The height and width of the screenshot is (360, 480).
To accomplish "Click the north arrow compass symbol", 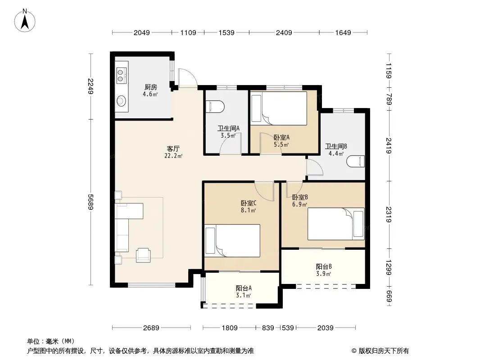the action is coord(25,21).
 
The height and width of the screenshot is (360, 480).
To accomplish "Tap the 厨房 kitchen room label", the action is coord(150,87).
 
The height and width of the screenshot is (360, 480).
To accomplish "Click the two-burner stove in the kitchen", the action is coord(121,76).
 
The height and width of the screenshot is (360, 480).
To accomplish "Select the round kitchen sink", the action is coord(122,100).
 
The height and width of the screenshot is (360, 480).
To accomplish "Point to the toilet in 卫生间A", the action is coord(215,107).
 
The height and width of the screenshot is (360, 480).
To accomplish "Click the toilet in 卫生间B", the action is coord(356,161).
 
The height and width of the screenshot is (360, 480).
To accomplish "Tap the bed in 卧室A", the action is coord(279,108).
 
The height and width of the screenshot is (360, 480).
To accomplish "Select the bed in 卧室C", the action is coord(232,241).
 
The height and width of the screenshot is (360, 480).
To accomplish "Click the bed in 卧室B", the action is coord(336,224).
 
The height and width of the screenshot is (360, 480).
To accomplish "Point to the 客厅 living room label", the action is coord(173,148).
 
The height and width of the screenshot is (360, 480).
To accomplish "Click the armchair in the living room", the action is coord(143,255).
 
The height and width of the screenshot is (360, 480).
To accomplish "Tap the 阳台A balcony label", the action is coord(244,288).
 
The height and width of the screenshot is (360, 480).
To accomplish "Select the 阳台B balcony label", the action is coord(324,266).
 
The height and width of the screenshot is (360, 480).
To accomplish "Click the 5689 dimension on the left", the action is coord(91,202).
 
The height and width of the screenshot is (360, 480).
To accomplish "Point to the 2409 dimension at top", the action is coord(284,32).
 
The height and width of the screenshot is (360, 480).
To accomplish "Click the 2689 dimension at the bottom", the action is coord(151,328).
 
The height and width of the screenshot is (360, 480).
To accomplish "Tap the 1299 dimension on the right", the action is coord(389,267).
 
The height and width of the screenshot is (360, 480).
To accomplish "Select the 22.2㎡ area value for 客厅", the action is coord(173,156).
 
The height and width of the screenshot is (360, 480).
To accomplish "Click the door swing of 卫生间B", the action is coord(315,167).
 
